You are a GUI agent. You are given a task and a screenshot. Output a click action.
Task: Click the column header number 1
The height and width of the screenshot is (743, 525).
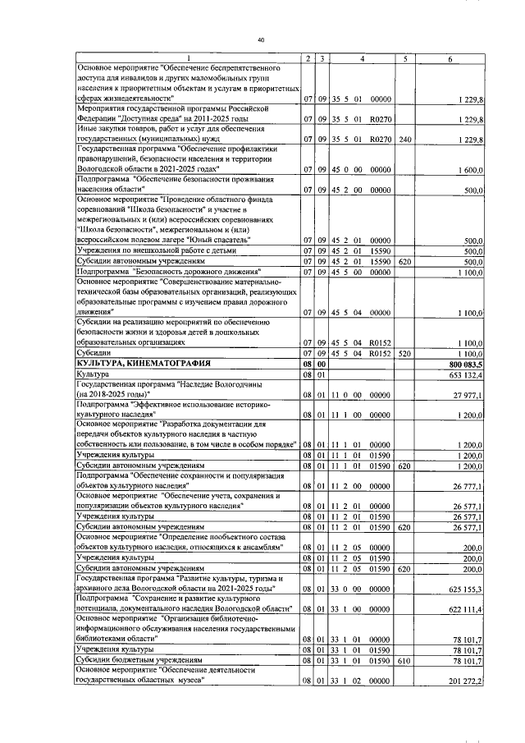(187, 57)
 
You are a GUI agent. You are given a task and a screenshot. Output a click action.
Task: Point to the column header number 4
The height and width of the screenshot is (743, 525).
(362, 57)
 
